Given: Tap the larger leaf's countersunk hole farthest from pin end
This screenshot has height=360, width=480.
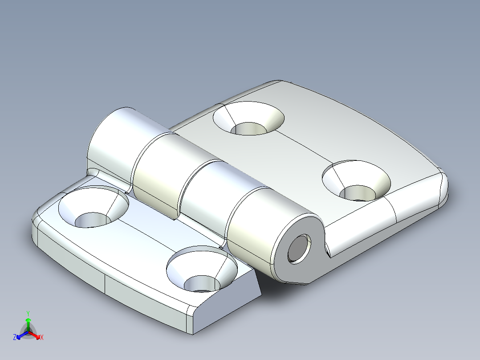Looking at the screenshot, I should pyautogui.click(x=248, y=119).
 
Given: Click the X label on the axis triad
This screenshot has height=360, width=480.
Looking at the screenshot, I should pyautogui.click(x=42, y=338).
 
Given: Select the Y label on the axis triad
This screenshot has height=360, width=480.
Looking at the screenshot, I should pyautogui.click(x=28, y=313).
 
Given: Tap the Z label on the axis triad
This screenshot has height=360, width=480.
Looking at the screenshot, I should pyautogui.click(x=15, y=338).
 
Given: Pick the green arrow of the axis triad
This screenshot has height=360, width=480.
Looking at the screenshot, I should pyautogui.click(x=28, y=323).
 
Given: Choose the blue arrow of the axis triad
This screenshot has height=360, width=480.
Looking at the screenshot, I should pyautogui.click(x=20, y=335).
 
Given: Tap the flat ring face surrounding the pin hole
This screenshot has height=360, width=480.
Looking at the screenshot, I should pyautogui.click(x=285, y=263).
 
